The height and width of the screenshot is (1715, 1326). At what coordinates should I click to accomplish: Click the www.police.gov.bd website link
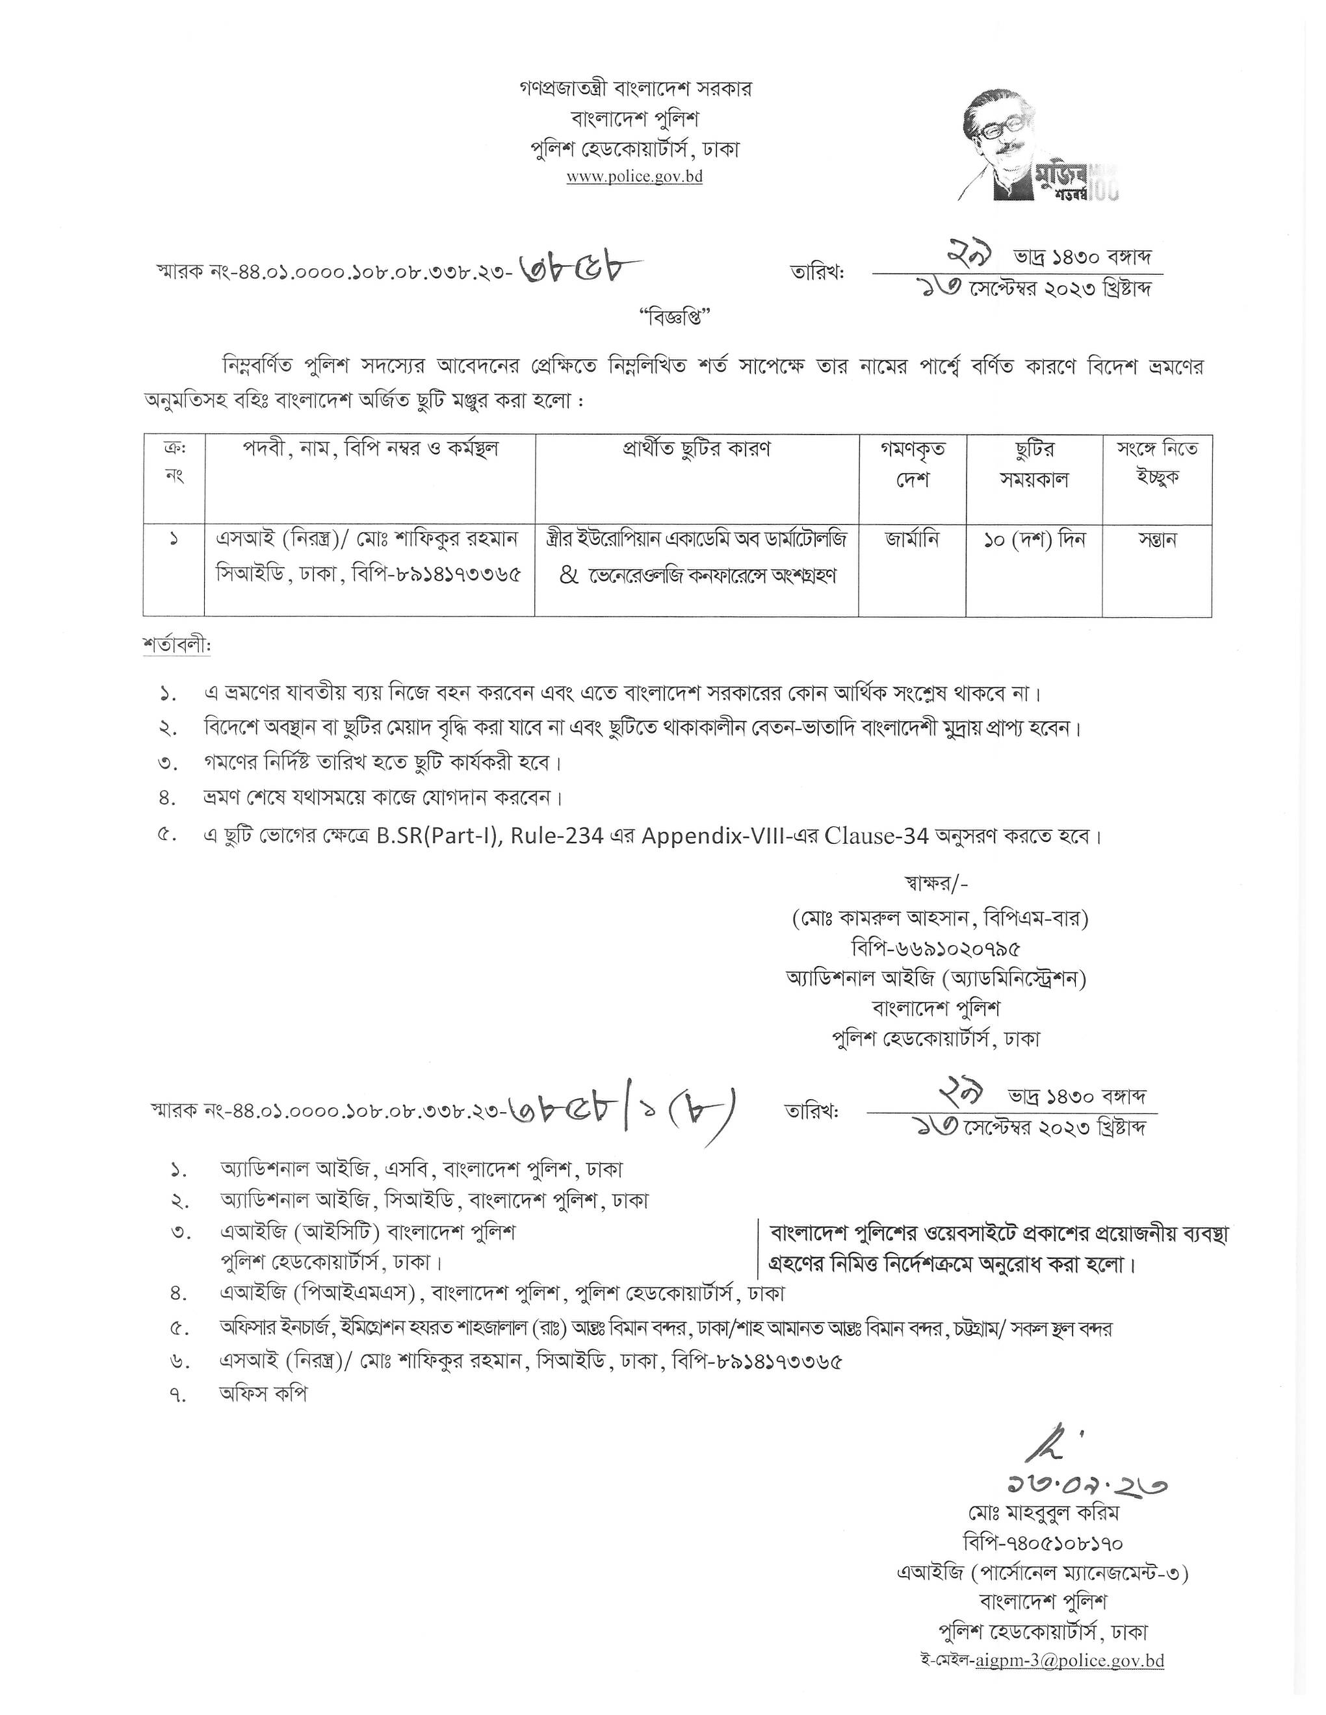634,177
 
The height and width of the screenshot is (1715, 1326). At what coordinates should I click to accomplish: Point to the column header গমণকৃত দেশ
912,464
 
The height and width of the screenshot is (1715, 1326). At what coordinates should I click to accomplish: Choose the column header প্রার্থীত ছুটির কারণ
697,449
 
